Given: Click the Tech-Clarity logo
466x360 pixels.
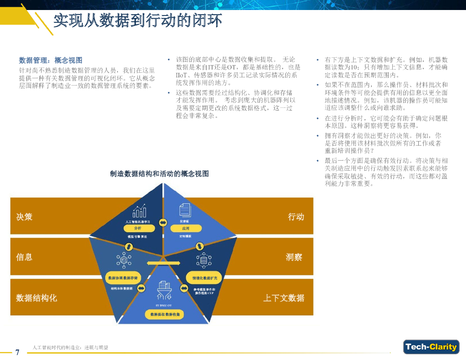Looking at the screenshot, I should tap(431, 347).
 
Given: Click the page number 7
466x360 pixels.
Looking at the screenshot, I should tap(17, 352).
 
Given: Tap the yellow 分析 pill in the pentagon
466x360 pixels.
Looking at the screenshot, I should tap(138, 228).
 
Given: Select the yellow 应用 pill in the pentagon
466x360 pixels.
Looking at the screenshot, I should tap(185, 228).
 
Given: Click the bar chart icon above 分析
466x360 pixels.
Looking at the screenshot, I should tap(139, 211).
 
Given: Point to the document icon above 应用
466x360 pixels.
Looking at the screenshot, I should tap(185, 210).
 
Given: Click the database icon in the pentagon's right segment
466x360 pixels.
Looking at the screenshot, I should tap(202, 260).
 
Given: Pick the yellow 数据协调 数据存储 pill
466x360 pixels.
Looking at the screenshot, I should tap(122, 278).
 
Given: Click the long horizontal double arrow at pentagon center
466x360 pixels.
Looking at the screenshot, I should tap(163, 263).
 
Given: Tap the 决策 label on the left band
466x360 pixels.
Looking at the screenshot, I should tap(25, 217).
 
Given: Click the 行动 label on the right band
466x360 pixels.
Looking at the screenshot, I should tap(296, 217).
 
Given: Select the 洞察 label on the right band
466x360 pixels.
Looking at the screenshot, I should tap(294, 257).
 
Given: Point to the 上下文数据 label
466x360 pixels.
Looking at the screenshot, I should tap(284, 298).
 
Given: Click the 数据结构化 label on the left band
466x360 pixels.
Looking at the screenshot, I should tap(36, 298).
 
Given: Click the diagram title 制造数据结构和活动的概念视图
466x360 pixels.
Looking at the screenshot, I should tap(159, 173).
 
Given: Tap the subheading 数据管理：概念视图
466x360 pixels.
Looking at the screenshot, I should tap(51, 61).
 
